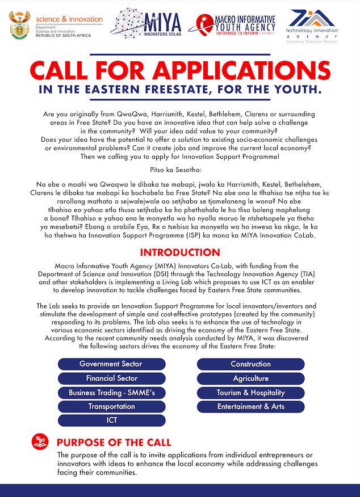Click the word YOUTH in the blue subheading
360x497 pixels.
[x=295, y=90]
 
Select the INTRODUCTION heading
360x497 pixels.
[x=179, y=252]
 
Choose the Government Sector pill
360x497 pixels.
[x=111, y=364]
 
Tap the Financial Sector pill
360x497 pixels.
[x=111, y=378]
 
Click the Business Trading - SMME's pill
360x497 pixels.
[x=111, y=392]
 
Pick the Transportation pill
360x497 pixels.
[x=111, y=406]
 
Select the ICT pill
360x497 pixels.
[x=111, y=420]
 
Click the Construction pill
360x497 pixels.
[x=250, y=364]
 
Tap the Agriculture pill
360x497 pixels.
[x=250, y=378]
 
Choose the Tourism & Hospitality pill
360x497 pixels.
[x=250, y=392]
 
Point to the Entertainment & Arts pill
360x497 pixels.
[x=250, y=406]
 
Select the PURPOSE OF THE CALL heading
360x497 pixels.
[x=114, y=442]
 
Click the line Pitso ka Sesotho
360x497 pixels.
[x=179, y=170]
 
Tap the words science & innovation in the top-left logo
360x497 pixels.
[x=69, y=19]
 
